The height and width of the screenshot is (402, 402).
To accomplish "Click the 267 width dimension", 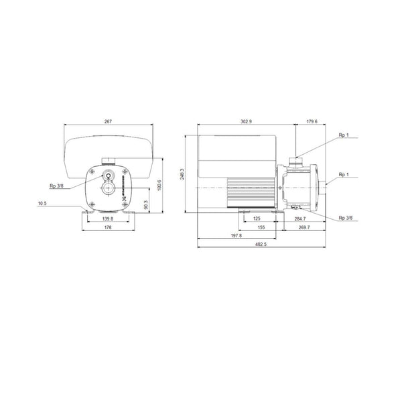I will click(x=108, y=121).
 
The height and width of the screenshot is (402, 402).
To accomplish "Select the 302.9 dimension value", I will click(x=246, y=121).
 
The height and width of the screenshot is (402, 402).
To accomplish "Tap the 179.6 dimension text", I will click(x=312, y=121).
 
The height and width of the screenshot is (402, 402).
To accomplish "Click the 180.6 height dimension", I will click(x=159, y=184).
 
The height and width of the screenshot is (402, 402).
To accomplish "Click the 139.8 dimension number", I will click(x=107, y=218).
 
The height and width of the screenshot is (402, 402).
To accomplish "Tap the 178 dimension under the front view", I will click(x=107, y=228).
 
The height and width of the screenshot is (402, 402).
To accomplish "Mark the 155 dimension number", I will click(x=261, y=228).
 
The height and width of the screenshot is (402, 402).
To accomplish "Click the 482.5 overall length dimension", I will click(x=261, y=245).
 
